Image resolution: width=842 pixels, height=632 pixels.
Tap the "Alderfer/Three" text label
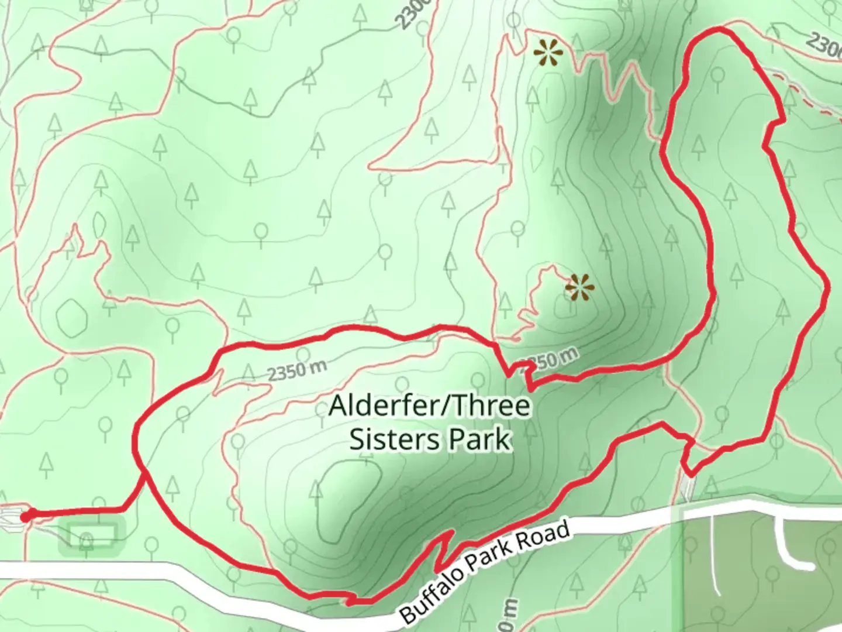point(430,406)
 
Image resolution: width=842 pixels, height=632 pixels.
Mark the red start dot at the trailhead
point(25,516)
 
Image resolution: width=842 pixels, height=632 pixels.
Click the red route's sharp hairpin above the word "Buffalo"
point(451,533)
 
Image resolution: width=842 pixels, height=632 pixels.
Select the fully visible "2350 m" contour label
point(297,370)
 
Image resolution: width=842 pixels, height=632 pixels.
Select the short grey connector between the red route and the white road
point(688,486)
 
